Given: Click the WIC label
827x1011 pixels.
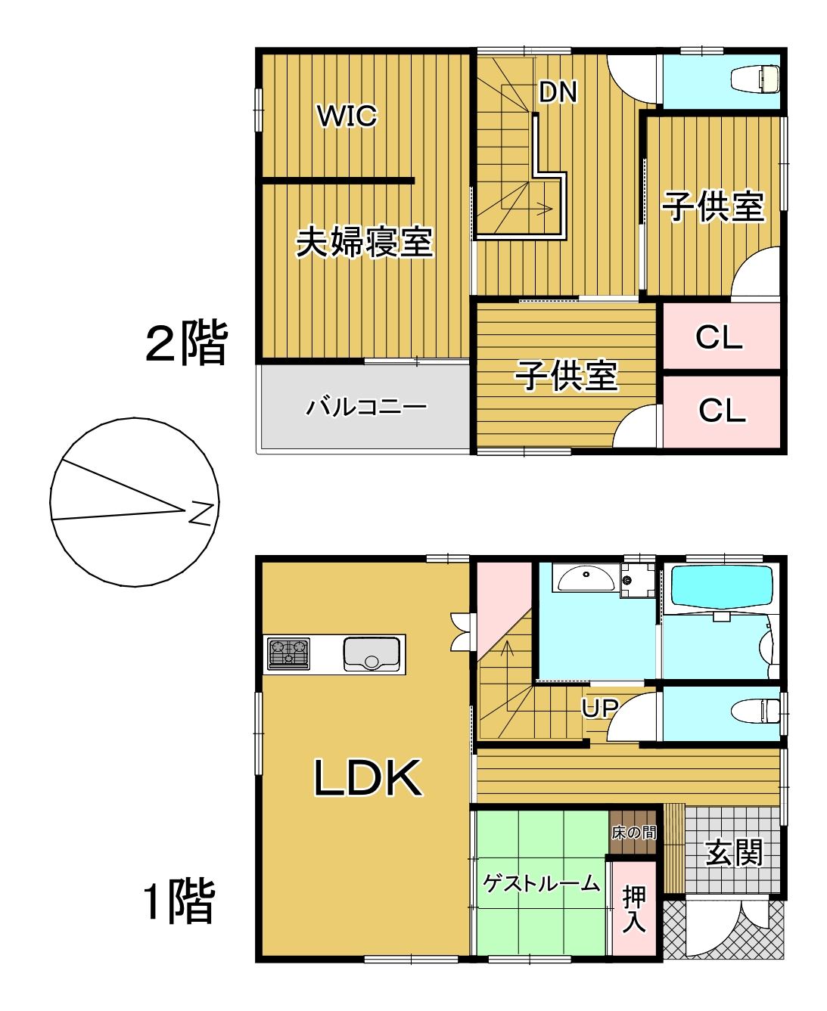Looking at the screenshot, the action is click(347, 116).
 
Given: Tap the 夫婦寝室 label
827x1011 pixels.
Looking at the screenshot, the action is click(364, 242).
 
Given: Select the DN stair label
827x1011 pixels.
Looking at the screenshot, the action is click(558, 91).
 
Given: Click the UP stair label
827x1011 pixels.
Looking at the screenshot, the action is click(599, 708).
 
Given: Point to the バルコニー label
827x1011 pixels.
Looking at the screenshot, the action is click(366, 408).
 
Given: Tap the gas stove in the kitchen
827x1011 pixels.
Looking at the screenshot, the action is click(288, 653).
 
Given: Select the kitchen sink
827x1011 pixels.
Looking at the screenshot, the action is click(372, 654).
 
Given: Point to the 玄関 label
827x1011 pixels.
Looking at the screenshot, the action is click(734, 853).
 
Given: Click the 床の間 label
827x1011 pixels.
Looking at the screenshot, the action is click(634, 833).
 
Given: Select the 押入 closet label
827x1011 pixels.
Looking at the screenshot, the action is click(634, 910).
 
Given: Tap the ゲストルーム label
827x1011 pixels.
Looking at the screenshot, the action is click(542, 882).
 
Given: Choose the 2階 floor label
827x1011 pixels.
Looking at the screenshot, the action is click(186, 343).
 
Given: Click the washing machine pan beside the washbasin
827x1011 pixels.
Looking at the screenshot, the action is click(638, 580).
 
